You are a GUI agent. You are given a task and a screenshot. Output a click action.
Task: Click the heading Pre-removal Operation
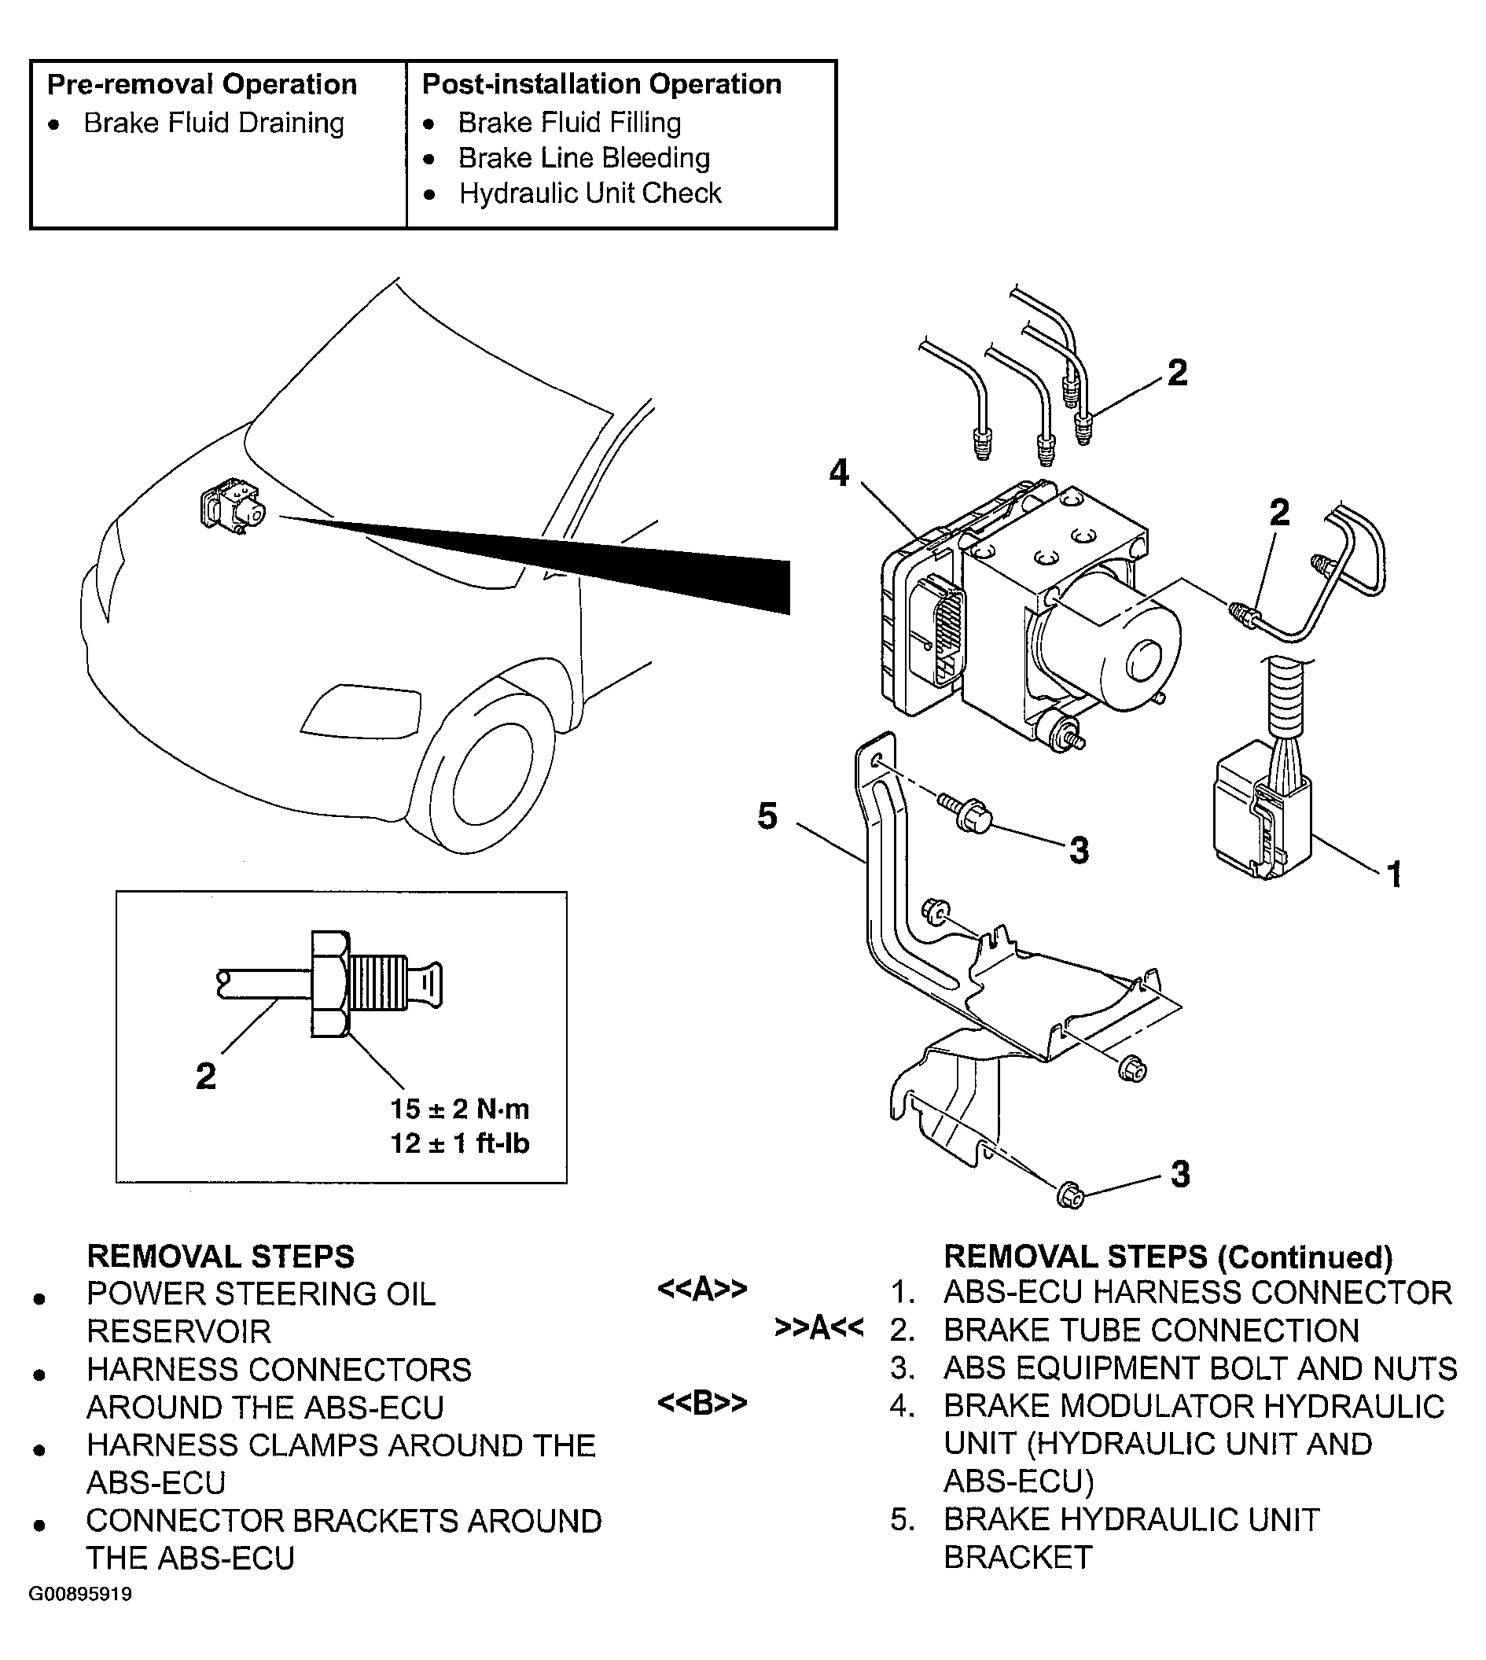click(201, 84)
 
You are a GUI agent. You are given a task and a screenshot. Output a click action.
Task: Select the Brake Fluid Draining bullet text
click(214, 123)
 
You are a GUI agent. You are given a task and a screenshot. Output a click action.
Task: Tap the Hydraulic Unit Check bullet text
click(590, 193)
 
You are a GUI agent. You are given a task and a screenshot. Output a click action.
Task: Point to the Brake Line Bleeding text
click(583, 157)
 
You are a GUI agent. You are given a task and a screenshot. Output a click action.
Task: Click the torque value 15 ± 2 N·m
click(460, 1109)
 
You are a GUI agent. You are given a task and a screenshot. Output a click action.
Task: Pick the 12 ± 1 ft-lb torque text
click(460, 1143)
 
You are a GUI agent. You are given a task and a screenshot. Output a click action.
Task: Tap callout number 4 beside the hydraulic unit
click(840, 473)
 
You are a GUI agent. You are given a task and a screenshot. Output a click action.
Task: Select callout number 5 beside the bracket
click(767, 815)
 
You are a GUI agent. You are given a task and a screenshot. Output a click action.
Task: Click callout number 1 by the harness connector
click(1395, 874)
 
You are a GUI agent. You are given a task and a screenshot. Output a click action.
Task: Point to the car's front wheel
click(490, 765)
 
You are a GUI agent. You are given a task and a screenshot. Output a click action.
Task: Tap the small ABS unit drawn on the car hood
click(233, 506)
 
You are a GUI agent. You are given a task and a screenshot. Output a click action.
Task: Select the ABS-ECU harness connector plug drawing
click(1261, 808)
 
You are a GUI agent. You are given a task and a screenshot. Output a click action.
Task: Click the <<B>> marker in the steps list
click(702, 1403)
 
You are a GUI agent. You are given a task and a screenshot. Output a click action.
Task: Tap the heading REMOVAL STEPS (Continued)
click(1168, 1257)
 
